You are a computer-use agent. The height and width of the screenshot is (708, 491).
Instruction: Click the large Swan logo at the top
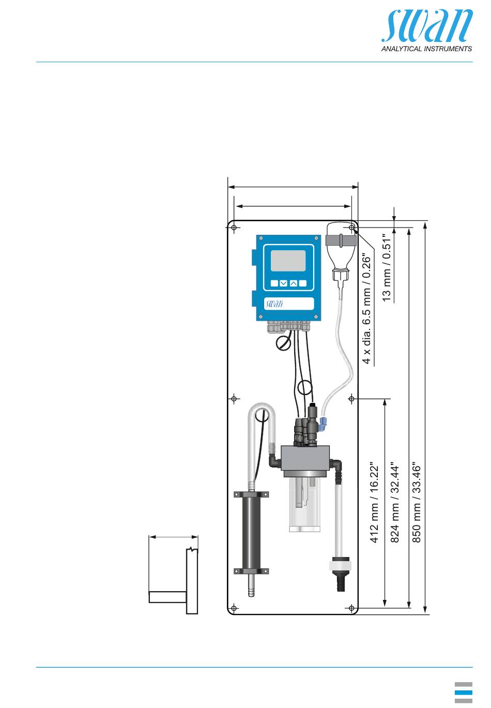(x=426, y=26)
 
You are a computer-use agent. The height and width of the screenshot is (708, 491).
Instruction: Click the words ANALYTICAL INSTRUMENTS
(x=426, y=49)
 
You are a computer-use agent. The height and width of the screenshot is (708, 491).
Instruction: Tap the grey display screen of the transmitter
(x=288, y=261)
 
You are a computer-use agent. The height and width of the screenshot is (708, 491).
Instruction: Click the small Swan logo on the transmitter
(x=274, y=304)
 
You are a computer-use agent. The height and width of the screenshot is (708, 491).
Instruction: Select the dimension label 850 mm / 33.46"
(x=417, y=504)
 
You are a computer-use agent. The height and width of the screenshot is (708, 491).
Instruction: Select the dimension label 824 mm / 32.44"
(x=395, y=504)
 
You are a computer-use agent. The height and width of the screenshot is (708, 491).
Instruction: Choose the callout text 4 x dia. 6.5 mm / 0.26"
(x=366, y=308)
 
